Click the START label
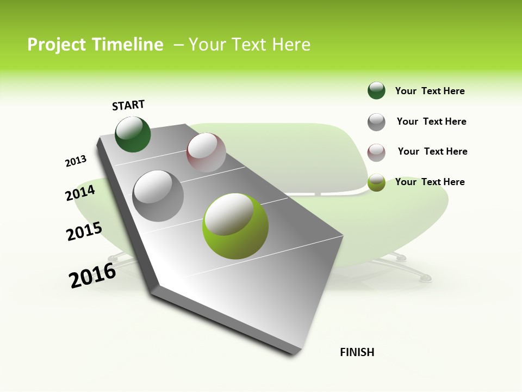click(x=128, y=105)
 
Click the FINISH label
click(x=357, y=352)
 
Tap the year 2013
click(x=76, y=161)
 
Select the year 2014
click(x=80, y=193)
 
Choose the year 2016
click(x=92, y=275)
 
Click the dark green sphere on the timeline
click(x=133, y=134)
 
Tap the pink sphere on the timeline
click(x=206, y=152)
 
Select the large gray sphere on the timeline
click(x=158, y=196)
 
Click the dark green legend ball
click(x=376, y=90)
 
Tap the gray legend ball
click(x=376, y=122)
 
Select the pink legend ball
click(x=376, y=152)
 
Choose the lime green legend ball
click(x=376, y=182)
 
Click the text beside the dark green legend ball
click(x=430, y=91)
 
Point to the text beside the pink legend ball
click(x=432, y=151)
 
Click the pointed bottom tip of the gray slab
click(x=295, y=353)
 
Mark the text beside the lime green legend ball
click(x=430, y=182)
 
